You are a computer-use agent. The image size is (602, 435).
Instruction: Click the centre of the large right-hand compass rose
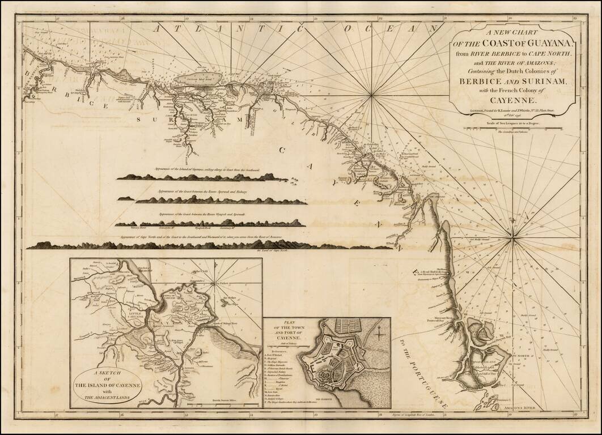(x=512, y=240)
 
